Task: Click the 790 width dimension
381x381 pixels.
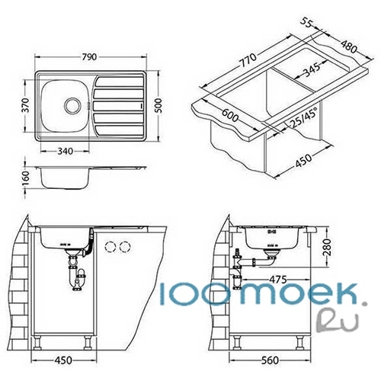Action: (89, 57)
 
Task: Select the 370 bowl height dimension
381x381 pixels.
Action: (26, 105)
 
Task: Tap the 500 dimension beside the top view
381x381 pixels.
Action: (158, 106)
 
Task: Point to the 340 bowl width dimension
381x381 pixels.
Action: (66, 152)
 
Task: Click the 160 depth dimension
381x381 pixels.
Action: (26, 178)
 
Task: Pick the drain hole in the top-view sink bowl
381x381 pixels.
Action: (72, 106)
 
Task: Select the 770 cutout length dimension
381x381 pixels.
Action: (248, 60)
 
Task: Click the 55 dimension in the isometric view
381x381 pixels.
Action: (306, 22)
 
